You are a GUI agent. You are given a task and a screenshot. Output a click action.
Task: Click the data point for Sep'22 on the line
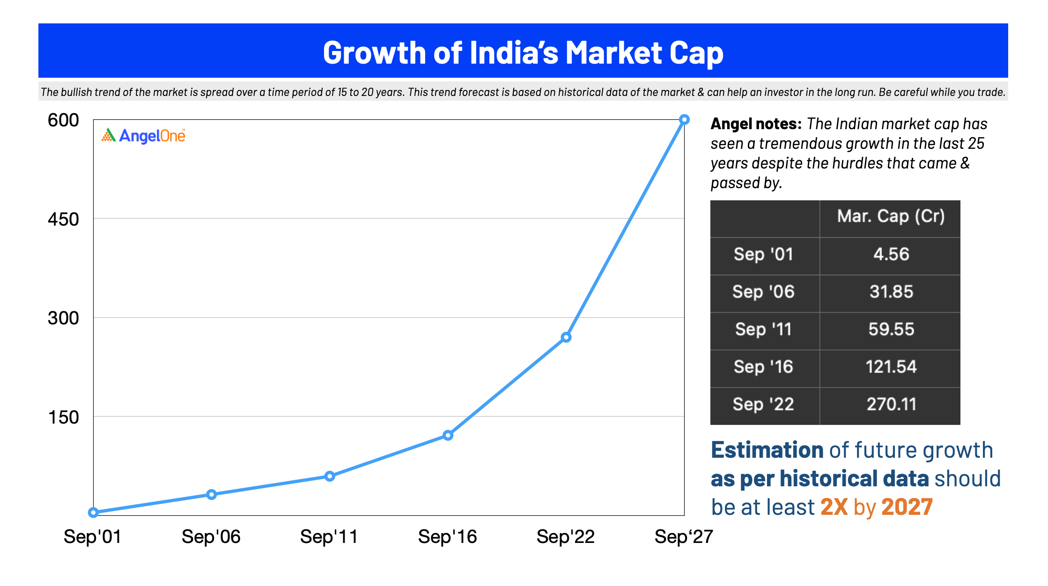566,337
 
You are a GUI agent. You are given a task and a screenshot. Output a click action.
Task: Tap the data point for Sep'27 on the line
684,119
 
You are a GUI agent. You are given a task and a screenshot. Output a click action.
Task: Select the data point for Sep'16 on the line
448,435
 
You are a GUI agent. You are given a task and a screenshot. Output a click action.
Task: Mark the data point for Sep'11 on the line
330,476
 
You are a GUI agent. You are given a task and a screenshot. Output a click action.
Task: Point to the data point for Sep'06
211,494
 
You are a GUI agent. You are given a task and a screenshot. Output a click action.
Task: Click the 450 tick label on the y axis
63,219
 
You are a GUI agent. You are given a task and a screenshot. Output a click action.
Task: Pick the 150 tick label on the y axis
63,417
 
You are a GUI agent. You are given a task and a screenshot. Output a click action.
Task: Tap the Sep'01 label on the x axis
93,536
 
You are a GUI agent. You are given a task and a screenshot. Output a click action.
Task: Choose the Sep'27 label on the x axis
684,536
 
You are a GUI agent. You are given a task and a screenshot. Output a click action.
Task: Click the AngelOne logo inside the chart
143,136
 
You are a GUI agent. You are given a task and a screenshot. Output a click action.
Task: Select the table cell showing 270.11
891,404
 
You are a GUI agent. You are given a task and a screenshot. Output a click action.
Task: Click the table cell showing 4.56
891,254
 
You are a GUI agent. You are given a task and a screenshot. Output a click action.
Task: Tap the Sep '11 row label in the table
763,329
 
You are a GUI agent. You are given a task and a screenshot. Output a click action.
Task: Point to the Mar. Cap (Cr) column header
891,216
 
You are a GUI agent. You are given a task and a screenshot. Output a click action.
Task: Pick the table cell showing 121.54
891,366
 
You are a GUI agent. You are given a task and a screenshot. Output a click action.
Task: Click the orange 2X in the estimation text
834,507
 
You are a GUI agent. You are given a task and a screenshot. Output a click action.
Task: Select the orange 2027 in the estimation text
907,507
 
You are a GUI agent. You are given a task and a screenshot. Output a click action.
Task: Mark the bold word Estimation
767,450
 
